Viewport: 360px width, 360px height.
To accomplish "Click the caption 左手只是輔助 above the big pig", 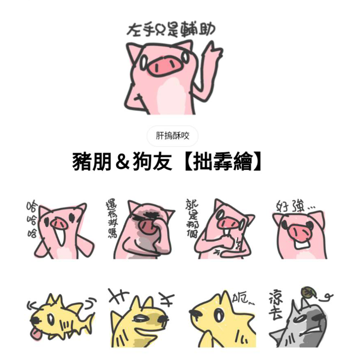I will click(x=171, y=30).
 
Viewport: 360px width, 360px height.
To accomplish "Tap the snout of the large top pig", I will click(x=162, y=65).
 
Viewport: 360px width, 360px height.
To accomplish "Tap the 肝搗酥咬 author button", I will click(x=172, y=136).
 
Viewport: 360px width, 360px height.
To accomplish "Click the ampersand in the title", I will click(x=122, y=163).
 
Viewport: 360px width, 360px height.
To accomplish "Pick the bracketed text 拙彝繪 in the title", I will click(x=217, y=163).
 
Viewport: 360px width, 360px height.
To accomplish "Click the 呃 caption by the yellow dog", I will click(x=244, y=300).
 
